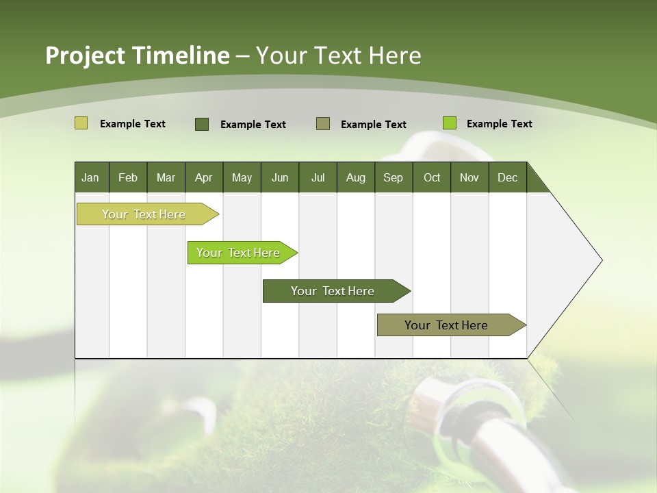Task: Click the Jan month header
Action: click(91, 177)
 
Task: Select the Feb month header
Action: click(128, 177)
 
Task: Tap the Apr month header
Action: click(203, 177)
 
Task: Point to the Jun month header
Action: click(280, 177)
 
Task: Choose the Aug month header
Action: click(355, 177)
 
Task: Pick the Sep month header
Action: click(393, 177)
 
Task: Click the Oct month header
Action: click(432, 177)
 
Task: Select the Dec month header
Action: click(507, 177)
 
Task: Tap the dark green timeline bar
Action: click(333, 291)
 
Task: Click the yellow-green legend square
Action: click(81, 123)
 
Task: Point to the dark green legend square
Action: click(202, 124)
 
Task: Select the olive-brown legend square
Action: click(323, 124)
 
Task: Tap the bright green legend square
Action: click(449, 123)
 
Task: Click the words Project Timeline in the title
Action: click(137, 55)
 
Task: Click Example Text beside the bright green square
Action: click(499, 124)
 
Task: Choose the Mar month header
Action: click(166, 177)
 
